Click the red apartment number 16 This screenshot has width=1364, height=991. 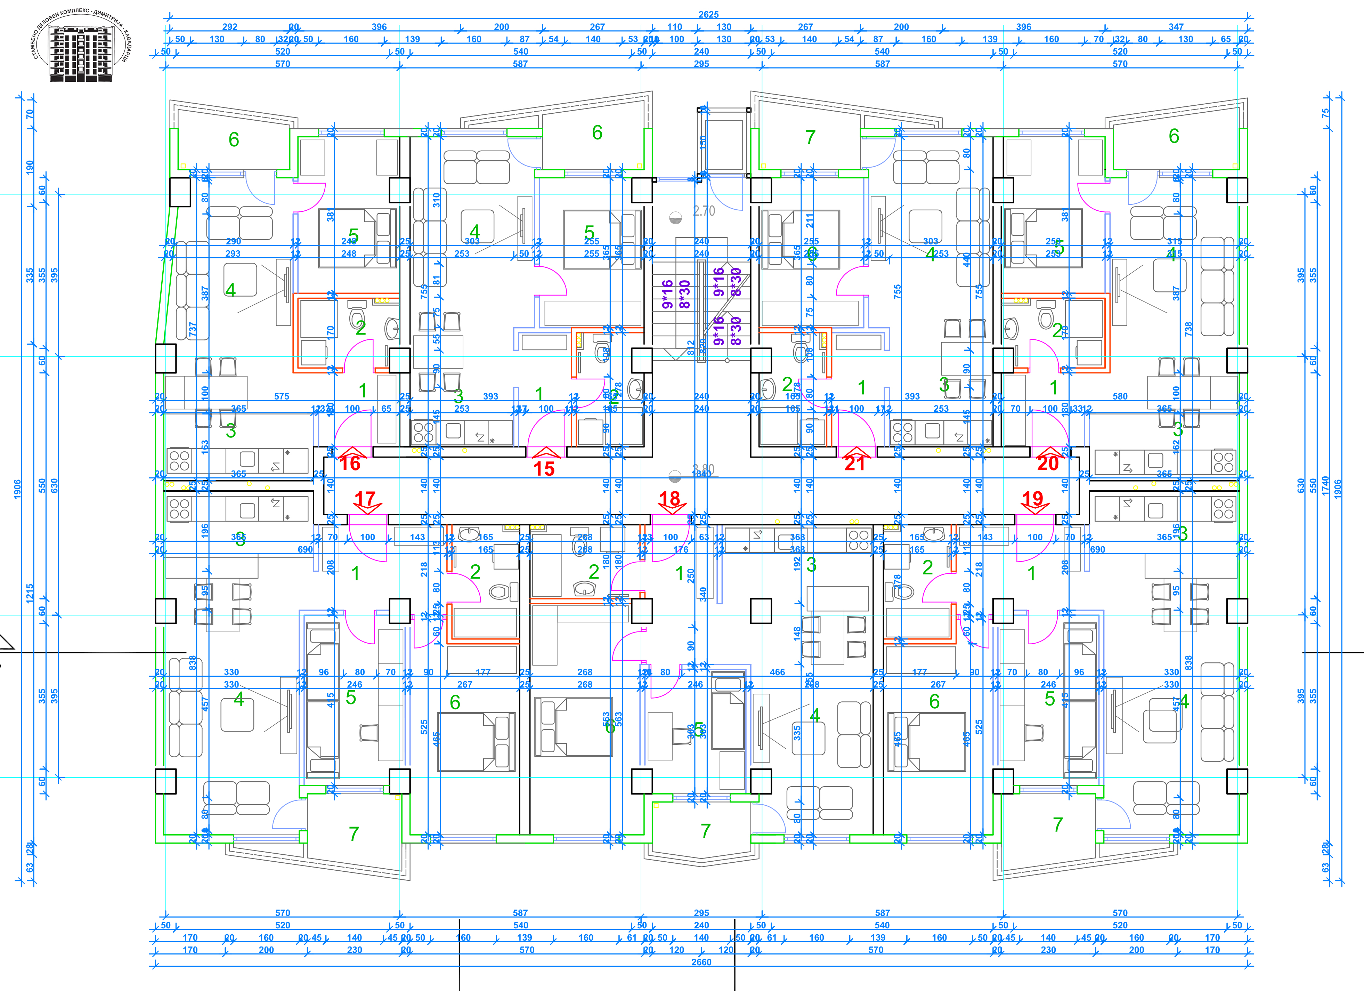(350, 463)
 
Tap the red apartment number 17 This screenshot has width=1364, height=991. (364, 499)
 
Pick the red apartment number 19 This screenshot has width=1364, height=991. (1032, 499)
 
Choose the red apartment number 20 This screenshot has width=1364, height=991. (1048, 463)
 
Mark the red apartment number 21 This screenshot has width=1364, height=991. (855, 463)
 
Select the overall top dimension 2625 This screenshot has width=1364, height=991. (708, 15)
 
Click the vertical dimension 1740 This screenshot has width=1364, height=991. (1325, 486)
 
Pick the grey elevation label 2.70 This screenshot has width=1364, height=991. (704, 211)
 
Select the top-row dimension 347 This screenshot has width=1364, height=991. (1176, 27)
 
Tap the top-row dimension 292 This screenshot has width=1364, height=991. (230, 27)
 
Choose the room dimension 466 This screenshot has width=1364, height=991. (777, 672)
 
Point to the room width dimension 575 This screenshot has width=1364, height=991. (282, 396)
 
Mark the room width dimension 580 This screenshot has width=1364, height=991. (1120, 396)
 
